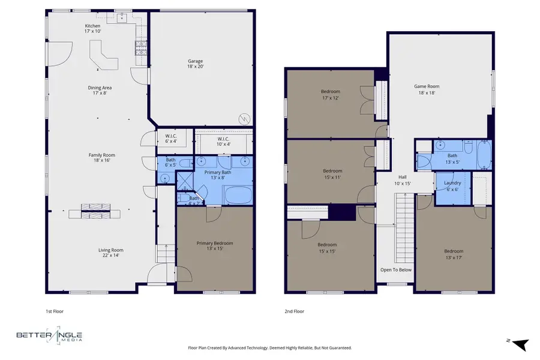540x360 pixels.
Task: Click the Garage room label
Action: point(195,64)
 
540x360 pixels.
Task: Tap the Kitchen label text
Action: point(92,29)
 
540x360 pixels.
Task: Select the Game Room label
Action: point(424,89)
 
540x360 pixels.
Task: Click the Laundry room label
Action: point(452,186)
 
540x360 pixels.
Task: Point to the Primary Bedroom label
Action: point(215,246)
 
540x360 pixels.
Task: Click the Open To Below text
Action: point(396,269)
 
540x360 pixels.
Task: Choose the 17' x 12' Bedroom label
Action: point(330,95)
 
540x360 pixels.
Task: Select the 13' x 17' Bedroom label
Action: point(454,254)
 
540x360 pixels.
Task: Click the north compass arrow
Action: point(520,343)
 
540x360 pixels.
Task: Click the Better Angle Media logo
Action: point(49,337)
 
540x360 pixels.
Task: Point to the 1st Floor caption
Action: point(55,311)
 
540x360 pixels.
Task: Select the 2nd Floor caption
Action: point(294,311)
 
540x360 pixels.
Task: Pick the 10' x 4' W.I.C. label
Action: point(215,142)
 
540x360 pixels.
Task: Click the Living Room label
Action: point(111,253)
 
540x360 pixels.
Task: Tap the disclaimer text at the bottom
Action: point(270,347)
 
